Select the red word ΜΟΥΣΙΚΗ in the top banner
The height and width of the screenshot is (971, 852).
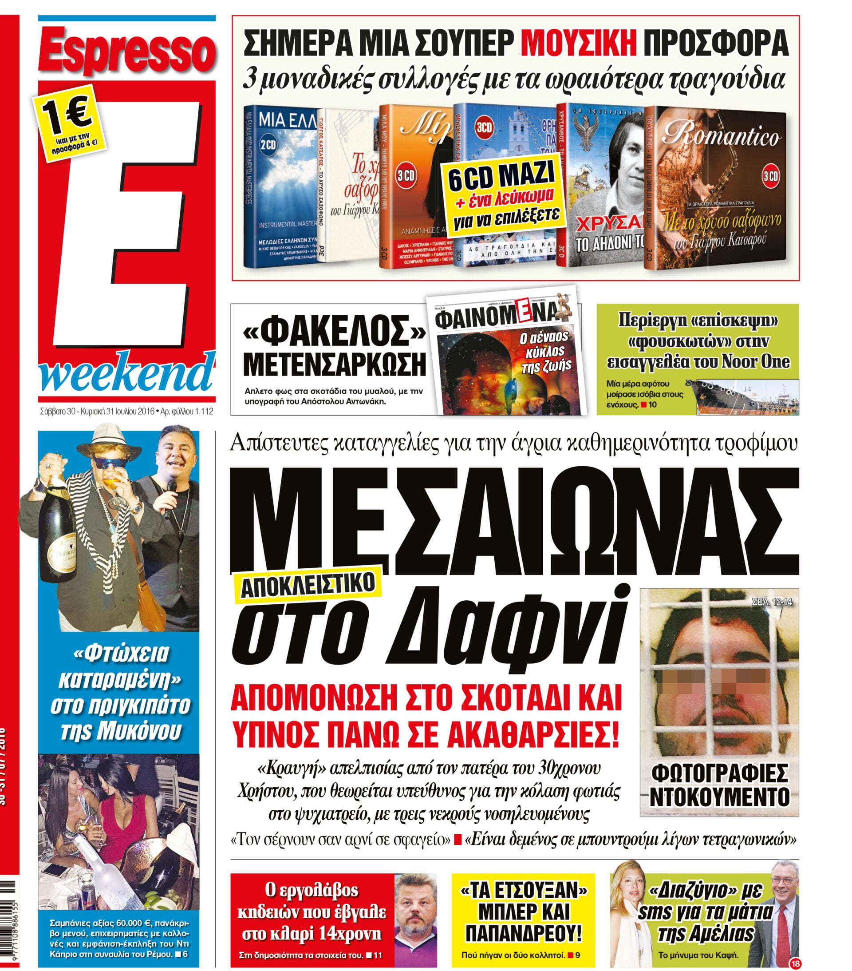[579, 43]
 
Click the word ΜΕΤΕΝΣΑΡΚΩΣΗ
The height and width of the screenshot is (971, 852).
[334, 365]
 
